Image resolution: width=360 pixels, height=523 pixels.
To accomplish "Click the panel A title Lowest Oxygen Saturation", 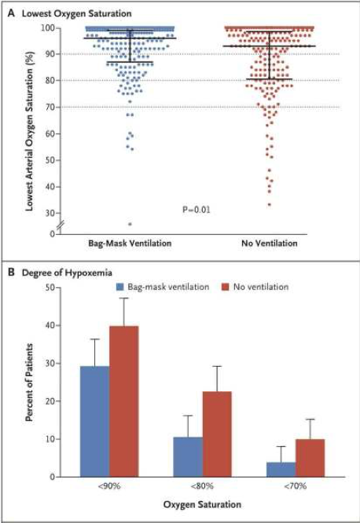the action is pyautogui.click(x=76, y=13).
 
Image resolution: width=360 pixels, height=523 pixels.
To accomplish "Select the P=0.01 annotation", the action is pyautogui.click(x=197, y=210).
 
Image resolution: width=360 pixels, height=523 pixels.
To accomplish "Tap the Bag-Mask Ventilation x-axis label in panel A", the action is pyautogui.click(x=130, y=243).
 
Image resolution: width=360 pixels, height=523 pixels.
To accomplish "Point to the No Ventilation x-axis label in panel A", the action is pyautogui.click(x=270, y=243).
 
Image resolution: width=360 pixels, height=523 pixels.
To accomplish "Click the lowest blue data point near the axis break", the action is pyautogui.click(x=130, y=224).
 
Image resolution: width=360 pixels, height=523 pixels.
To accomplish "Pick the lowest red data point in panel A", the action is pyautogui.click(x=270, y=204).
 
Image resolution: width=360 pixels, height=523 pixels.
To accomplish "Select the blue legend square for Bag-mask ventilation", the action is pyautogui.click(x=120, y=287).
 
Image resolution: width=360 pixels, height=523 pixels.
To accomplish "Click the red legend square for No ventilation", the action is pyautogui.click(x=226, y=287).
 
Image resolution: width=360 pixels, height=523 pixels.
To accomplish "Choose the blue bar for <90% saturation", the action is pyautogui.click(x=95, y=422).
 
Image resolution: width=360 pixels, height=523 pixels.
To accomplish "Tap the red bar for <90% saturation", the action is pyautogui.click(x=124, y=401).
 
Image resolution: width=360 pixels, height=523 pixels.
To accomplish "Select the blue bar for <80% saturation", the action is pyautogui.click(x=188, y=457).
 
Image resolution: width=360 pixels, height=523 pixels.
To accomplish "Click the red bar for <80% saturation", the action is pyautogui.click(x=217, y=434).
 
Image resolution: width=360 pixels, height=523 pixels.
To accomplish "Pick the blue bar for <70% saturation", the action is pyautogui.click(x=281, y=470).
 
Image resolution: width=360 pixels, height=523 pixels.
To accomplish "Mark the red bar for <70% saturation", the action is pyautogui.click(x=310, y=458).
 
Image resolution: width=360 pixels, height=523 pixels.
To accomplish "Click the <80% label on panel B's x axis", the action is pyautogui.click(x=202, y=486).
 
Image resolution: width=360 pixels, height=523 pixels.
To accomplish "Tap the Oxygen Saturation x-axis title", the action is pyautogui.click(x=202, y=504).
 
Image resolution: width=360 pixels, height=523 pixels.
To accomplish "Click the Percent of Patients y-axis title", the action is pyautogui.click(x=29, y=382).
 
